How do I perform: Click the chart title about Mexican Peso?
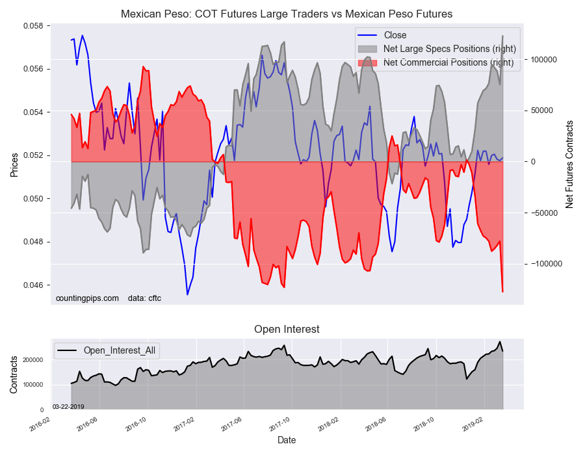pyautogui.click(x=287, y=14)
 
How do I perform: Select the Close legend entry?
pyautogui.click(x=395, y=35)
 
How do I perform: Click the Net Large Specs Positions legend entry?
pyautogui.click(x=450, y=49)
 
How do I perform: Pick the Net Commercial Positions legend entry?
pyautogui.click(x=448, y=62)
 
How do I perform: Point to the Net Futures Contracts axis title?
pyautogui.click(x=569, y=164)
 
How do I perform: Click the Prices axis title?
pyautogui.click(x=14, y=164)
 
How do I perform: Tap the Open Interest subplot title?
pyautogui.click(x=287, y=330)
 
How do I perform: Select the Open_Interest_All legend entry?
pyautogui.click(x=121, y=351)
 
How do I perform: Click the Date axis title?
pyautogui.click(x=287, y=440)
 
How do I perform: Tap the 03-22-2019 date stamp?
pyautogui.click(x=68, y=406)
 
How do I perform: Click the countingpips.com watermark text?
pyautogui.click(x=87, y=298)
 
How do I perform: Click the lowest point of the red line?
pyautogui.click(x=502, y=292)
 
